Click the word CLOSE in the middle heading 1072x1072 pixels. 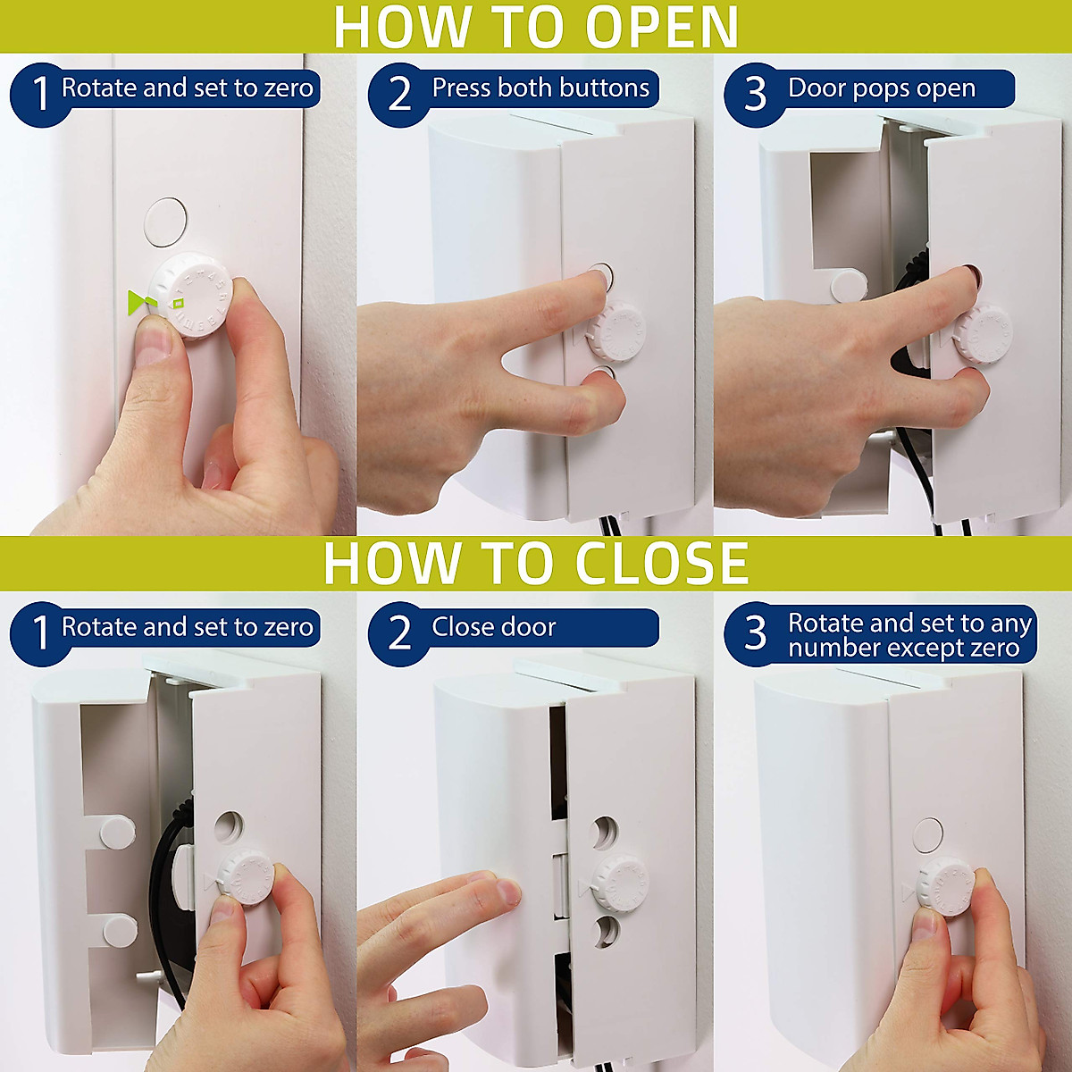pyautogui.click(x=661, y=563)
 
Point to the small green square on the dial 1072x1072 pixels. pyautogui.click(x=179, y=304)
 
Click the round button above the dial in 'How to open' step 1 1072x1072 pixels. pyautogui.click(x=165, y=222)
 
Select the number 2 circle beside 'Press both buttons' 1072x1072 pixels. pyautogui.click(x=399, y=94)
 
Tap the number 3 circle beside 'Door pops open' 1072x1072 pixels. pyautogui.click(x=755, y=94)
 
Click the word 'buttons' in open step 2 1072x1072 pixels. pyautogui.click(x=607, y=88)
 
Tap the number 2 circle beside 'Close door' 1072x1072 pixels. pyautogui.click(x=399, y=632)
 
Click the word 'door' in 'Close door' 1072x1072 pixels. pyautogui.click(x=528, y=627)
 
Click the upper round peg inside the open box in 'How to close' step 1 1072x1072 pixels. pyautogui.click(x=117, y=833)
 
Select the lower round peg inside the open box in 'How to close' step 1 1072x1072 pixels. pyautogui.click(x=120, y=931)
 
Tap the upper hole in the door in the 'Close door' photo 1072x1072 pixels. pyautogui.click(x=606, y=833)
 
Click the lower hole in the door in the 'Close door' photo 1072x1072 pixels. pyautogui.click(x=606, y=931)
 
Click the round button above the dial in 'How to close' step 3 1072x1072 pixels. pyautogui.click(x=928, y=834)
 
